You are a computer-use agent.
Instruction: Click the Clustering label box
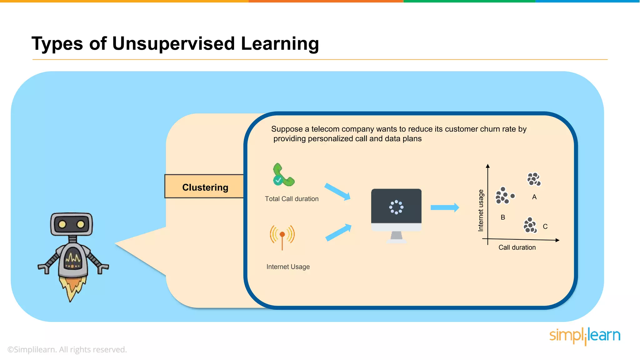click(x=205, y=187)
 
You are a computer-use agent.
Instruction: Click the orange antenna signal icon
click(x=282, y=236)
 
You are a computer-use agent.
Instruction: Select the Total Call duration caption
click(x=292, y=199)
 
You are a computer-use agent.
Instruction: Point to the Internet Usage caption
click(x=288, y=267)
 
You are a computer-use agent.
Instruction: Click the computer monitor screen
click(x=396, y=206)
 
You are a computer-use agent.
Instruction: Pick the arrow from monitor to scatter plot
click(x=444, y=207)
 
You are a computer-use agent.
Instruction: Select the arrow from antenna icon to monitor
click(x=338, y=233)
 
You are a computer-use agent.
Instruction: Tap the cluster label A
click(x=534, y=197)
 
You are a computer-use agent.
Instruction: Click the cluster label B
click(x=502, y=217)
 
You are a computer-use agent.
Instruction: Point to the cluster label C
click(x=545, y=226)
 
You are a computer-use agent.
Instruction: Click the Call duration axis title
click(x=517, y=247)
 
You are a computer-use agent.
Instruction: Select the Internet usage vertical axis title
click(x=481, y=210)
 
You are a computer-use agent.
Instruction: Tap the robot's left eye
click(x=62, y=224)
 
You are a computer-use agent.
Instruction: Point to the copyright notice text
click(x=67, y=349)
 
